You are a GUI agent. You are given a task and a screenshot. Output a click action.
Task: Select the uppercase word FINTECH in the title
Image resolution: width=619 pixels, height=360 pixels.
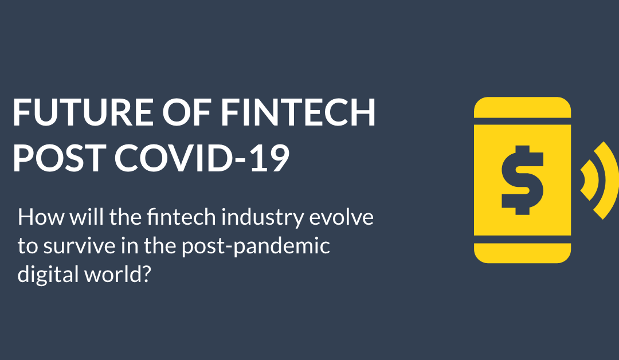pyautogui.click(x=298, y=113)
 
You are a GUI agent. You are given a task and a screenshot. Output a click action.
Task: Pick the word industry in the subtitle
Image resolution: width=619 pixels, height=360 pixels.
pyautogui.click(x=269, y=218)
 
